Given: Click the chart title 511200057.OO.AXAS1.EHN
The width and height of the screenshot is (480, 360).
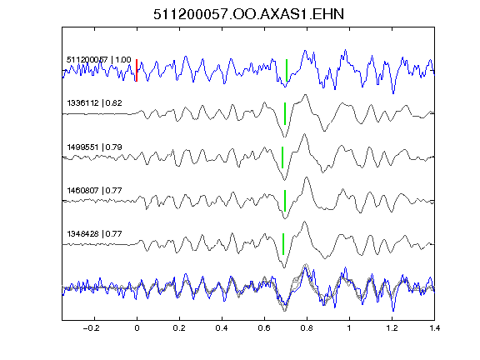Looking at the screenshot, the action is (x=248, y=14).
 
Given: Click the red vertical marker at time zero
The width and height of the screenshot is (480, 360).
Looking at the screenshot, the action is (x=137, y=70).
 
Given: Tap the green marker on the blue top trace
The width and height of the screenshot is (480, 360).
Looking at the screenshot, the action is (x=287, y=70).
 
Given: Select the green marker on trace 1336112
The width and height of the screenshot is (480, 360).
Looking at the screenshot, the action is (x=285, y=113).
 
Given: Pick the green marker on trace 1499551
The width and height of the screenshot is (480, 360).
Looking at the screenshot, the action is (x=282, y=157).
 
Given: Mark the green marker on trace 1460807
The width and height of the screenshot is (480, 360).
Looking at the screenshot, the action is (x=285, y=201).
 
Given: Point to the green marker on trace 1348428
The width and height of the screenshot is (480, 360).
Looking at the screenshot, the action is (x=283, y=244).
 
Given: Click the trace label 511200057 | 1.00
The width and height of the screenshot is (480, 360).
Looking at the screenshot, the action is (x=99, y=59).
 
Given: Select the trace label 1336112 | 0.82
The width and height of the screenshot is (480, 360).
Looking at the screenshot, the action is (x=94, y=102).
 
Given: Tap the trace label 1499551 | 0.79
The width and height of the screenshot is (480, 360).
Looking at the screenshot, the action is (x=94, y=147).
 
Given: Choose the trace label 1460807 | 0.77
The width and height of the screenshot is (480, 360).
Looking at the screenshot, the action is (x=94, y=190).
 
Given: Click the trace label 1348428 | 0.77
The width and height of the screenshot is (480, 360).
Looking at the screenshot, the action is (x=94, y=234).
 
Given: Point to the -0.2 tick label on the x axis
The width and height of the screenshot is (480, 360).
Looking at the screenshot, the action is (x=91, y=328).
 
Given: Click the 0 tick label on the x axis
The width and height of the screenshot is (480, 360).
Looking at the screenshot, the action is (x=137, y=328).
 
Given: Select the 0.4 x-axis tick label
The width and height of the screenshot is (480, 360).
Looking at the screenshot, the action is (x=222, y=328).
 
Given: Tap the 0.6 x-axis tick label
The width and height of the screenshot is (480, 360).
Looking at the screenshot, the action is (x=264, y=328).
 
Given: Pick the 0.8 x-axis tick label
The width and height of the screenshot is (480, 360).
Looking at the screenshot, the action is (x=307, y=328).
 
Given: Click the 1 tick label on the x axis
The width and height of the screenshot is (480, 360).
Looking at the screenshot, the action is (x=349, y=328).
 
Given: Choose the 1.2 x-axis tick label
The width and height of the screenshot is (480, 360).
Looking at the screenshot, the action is (x=392, y=328).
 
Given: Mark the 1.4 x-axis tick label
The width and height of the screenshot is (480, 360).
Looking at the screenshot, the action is (x=434, y=328).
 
